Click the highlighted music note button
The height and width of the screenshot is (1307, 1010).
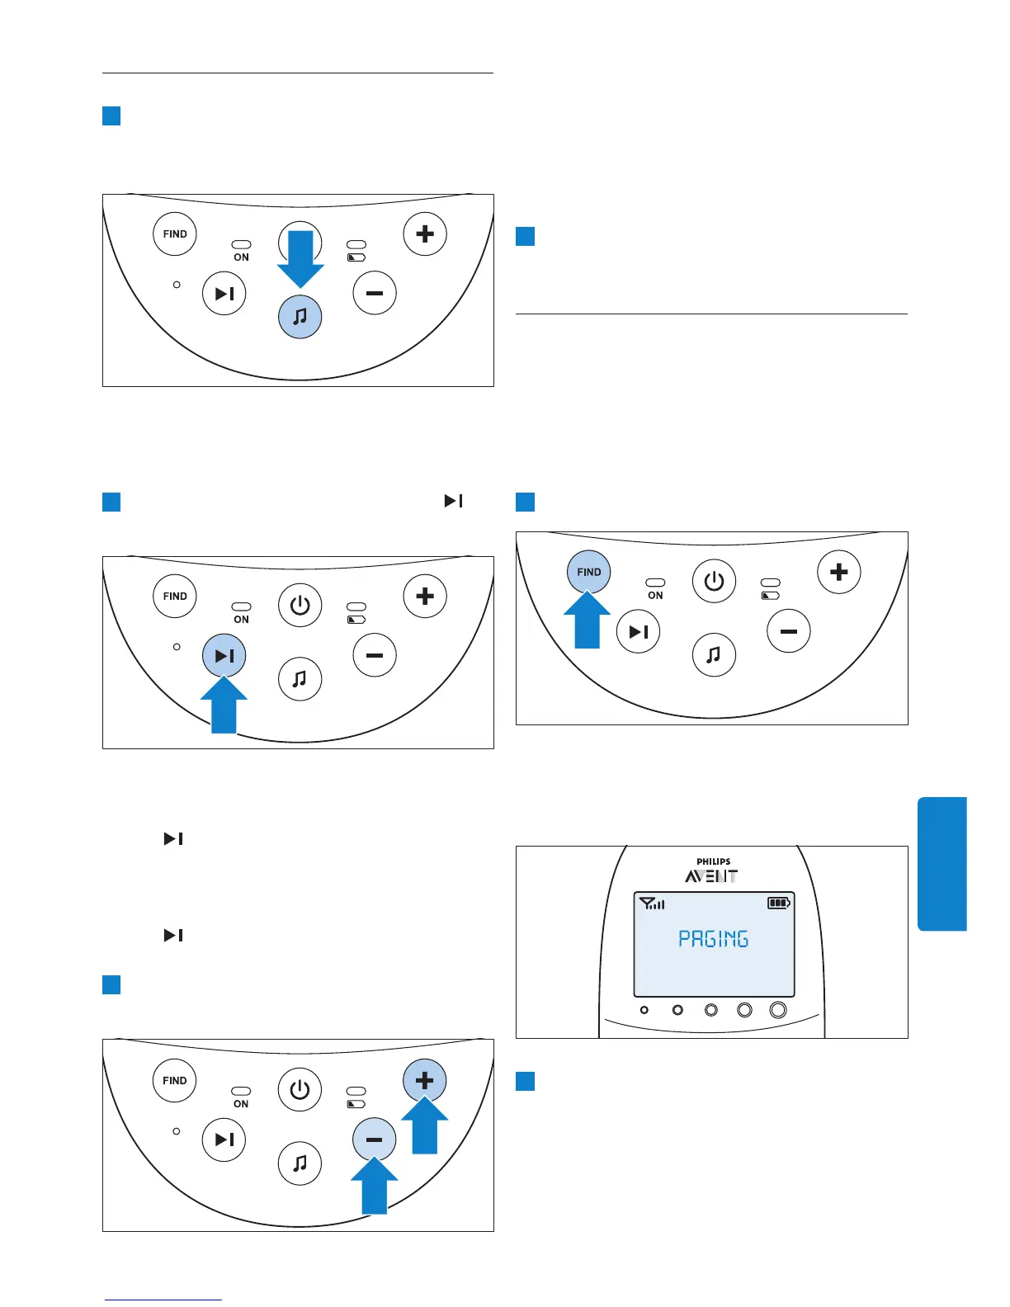click(300, 317)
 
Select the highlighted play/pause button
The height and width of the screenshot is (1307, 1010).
click(224, 655)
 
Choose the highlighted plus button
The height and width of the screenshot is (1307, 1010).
click(425, 1080)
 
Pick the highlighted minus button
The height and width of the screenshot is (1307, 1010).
click(374, 1139)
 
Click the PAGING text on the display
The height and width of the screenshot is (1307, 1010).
click(713, 939)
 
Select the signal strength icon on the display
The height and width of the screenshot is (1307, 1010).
click(652, 904)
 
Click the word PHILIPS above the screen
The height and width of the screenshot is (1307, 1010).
click(713, 861)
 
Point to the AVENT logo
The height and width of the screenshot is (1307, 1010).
click(711, 876)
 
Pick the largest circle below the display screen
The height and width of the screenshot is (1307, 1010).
click(777, 1010)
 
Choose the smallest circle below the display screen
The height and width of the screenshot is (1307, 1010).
click(644, 1010)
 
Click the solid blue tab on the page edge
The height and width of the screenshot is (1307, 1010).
click(942, 863)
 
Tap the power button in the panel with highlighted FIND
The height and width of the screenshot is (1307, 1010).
click(714, 582)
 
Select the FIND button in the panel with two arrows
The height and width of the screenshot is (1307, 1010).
click(175, 1080)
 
